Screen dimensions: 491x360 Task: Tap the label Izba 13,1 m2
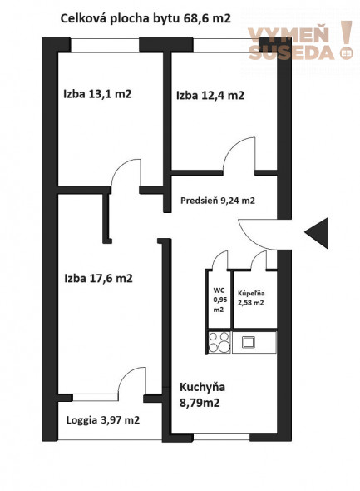point(97,93)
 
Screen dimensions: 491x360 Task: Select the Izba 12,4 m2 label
point(210,95)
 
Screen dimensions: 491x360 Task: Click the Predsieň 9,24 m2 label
point(218,201)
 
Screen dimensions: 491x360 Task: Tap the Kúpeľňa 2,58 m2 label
point(250,298)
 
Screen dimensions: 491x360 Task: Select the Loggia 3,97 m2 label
point(102,420)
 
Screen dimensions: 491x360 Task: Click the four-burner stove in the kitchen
point(219,341)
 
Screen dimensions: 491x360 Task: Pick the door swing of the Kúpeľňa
point(260,260)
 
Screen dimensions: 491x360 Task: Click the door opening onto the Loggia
point(131,384)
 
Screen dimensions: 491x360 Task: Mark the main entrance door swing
point(255,231)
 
